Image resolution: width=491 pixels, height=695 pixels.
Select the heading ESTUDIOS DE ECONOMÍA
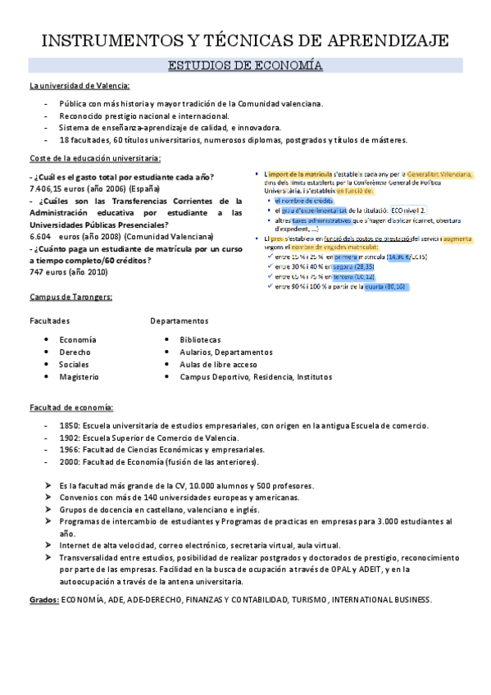click(x=244, y=66)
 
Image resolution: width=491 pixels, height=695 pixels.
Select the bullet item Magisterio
click(x=79, y=377)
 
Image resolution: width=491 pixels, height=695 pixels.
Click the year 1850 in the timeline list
click(x=69, y=426)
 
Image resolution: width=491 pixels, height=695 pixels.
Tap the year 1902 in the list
click(x=69, y=438)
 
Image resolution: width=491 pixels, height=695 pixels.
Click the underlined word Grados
click(x=43, y=600)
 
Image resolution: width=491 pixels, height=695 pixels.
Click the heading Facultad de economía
click(x=71, y=407)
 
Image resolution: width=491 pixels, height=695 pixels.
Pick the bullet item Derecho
click(x=75, y=352)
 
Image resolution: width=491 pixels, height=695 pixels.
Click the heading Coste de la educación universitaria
click(x=94, y=158)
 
